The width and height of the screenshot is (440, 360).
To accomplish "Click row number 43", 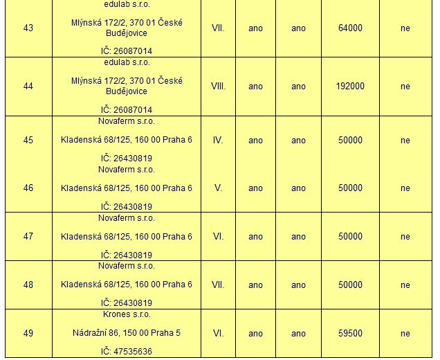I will (28, 28).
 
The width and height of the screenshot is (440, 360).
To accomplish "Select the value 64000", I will (350, 28).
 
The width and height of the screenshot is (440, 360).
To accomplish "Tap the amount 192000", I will (350, 87).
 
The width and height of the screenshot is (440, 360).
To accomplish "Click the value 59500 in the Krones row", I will (350, 333).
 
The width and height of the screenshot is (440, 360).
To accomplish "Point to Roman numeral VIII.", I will (218, 87).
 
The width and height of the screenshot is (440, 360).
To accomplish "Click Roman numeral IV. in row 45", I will (218, 140).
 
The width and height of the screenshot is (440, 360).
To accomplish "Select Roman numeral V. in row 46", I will (218, 188).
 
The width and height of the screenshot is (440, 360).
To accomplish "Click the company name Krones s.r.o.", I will (127, 314).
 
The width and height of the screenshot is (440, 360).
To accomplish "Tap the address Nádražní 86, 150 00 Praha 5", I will (127, 333).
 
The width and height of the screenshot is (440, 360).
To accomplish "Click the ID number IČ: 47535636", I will (127, 352).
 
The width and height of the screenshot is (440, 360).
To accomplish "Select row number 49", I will (28, 333).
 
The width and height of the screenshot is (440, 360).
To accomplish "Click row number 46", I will (28, 188).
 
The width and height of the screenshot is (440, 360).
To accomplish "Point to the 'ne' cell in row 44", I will (405, 87).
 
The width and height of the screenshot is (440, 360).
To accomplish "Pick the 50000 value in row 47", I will (350, 236).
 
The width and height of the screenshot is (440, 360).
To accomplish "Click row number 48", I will (28, 285).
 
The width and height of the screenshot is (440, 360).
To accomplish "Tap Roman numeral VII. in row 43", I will (218, 28).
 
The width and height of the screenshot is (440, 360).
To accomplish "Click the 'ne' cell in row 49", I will (405, 333).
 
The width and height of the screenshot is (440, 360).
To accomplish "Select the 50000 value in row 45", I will (350, 140).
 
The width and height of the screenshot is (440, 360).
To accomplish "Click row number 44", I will (28, 87).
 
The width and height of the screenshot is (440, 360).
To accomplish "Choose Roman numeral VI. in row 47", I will (218, 236).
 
